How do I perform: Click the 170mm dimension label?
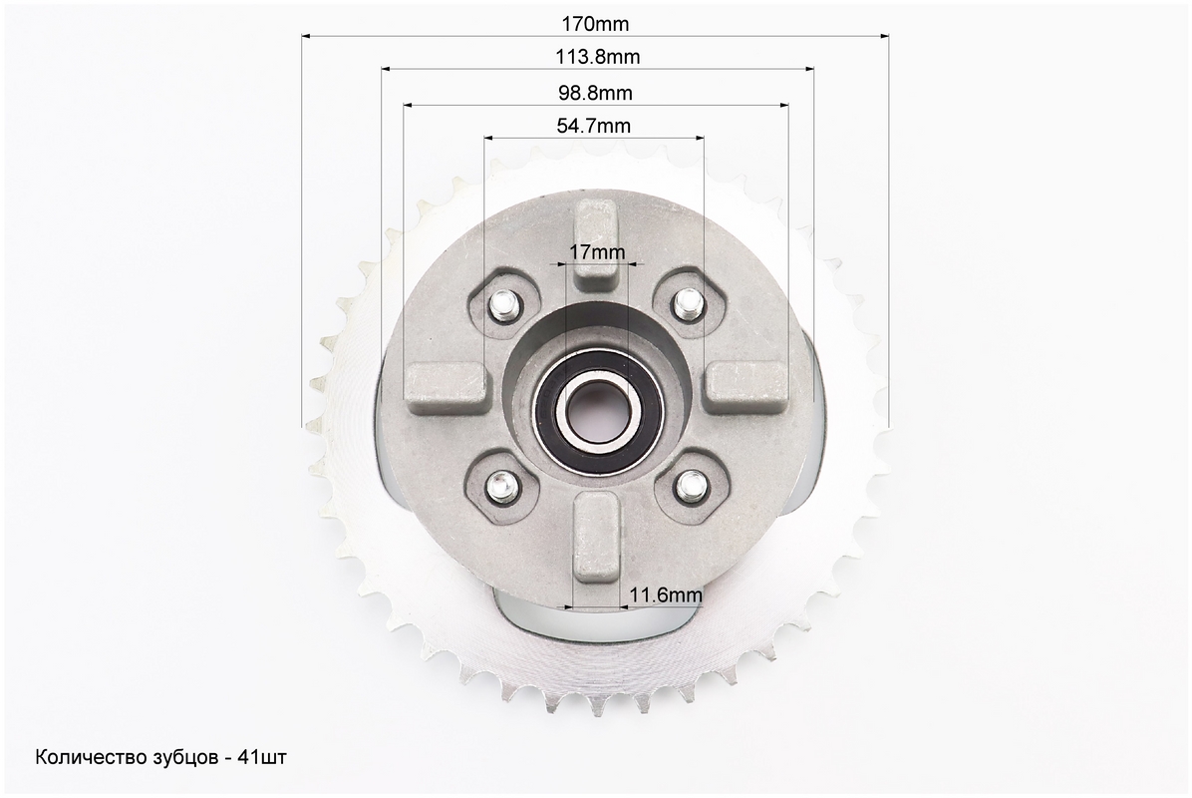pos(595,24)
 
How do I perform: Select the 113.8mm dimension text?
pos(598,57)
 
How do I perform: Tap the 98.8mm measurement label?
pos(595,93)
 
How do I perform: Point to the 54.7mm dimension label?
pos(594,126)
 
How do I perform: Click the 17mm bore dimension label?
pos(597,251)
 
